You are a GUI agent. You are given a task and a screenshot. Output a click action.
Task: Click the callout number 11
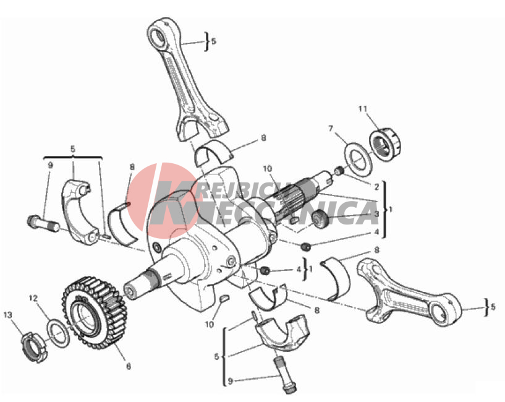tap(363, 109)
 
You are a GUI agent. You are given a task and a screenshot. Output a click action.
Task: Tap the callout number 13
tap(8, 314)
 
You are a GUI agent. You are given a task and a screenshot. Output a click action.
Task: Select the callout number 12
tap(33, 298)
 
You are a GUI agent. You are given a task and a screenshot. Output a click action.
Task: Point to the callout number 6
tap(129, 366)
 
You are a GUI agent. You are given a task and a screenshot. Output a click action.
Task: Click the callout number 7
tap(331, 129)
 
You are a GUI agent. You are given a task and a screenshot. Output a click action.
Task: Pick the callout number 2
tap(376, 186)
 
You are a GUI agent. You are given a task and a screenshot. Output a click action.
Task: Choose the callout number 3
tap(376, 213)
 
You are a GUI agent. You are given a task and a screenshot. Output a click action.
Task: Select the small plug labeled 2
tap(339, 171)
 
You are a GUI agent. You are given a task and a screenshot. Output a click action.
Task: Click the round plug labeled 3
tap(320, 218)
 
